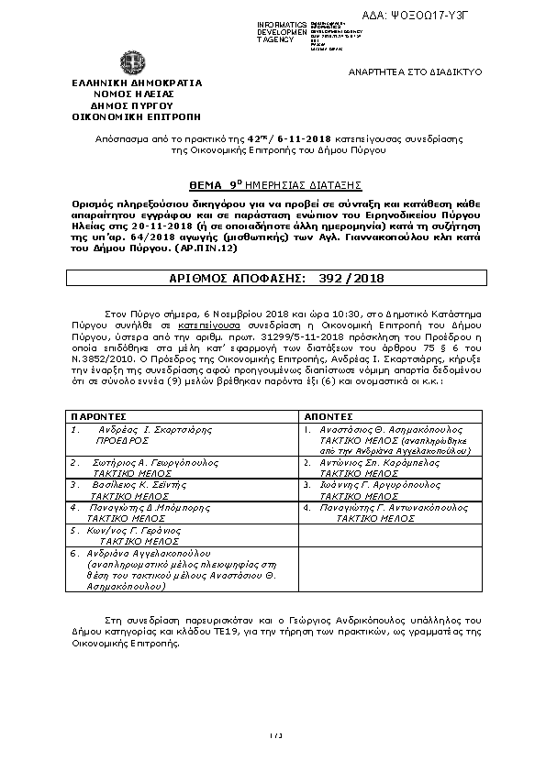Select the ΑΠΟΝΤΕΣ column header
tap(329, 415)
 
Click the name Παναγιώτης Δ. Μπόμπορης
tap(148, 505)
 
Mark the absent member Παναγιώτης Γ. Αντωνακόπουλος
tap(388, 505)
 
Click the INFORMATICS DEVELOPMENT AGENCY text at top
tap(283, 31)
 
